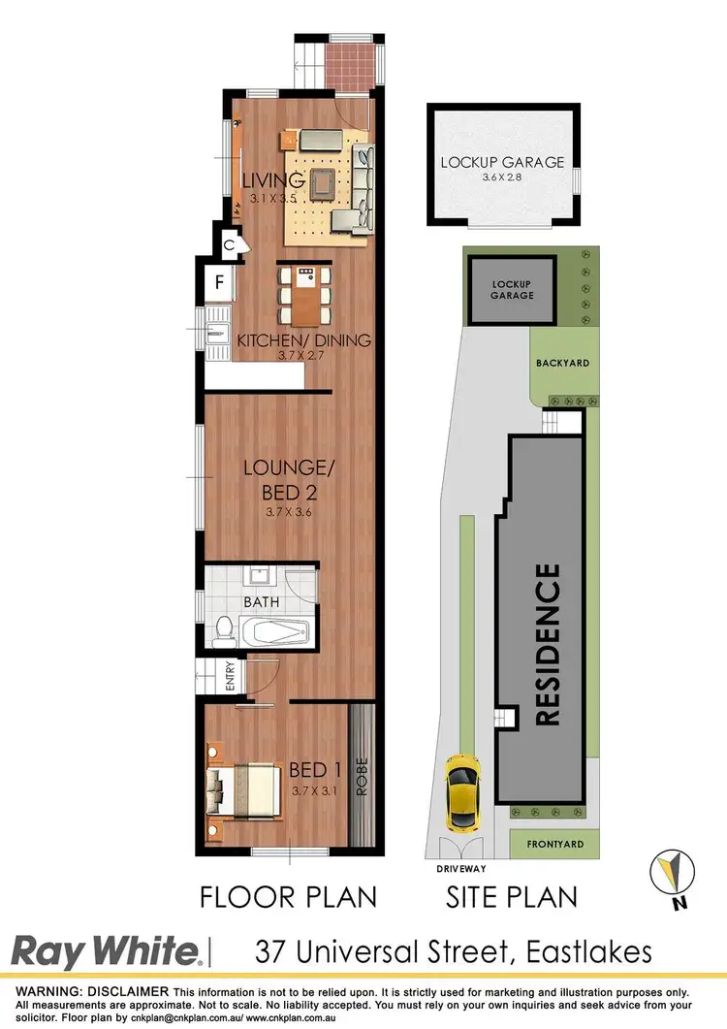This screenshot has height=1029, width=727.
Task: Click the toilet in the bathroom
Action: pos(222,629)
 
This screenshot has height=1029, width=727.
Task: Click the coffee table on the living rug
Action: pos(321,180)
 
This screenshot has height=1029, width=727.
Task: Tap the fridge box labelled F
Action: pos(218,284)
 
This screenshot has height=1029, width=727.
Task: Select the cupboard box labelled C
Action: pos(229,245)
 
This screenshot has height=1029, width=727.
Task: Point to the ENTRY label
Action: pos(230,676)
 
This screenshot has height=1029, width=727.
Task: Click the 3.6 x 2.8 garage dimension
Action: pos(502,178)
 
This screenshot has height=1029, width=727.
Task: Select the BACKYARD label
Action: pos(562,363)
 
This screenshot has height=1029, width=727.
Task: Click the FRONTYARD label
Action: pos(555,844)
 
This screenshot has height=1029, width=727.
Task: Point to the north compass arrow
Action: pos(668,872)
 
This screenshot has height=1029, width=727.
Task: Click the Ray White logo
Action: pos(106,951)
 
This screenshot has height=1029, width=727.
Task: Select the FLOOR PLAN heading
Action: pos(288,896)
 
